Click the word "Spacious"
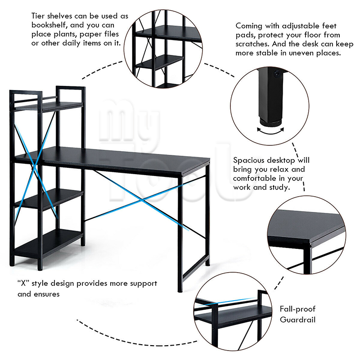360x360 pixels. (249, 160)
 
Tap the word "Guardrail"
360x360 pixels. (297, 319)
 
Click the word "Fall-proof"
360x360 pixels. (297, 309)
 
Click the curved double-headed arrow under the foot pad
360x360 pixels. (270, 131)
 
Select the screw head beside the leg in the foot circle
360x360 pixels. (277, 74)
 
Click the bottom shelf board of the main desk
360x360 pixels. (49, 244)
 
